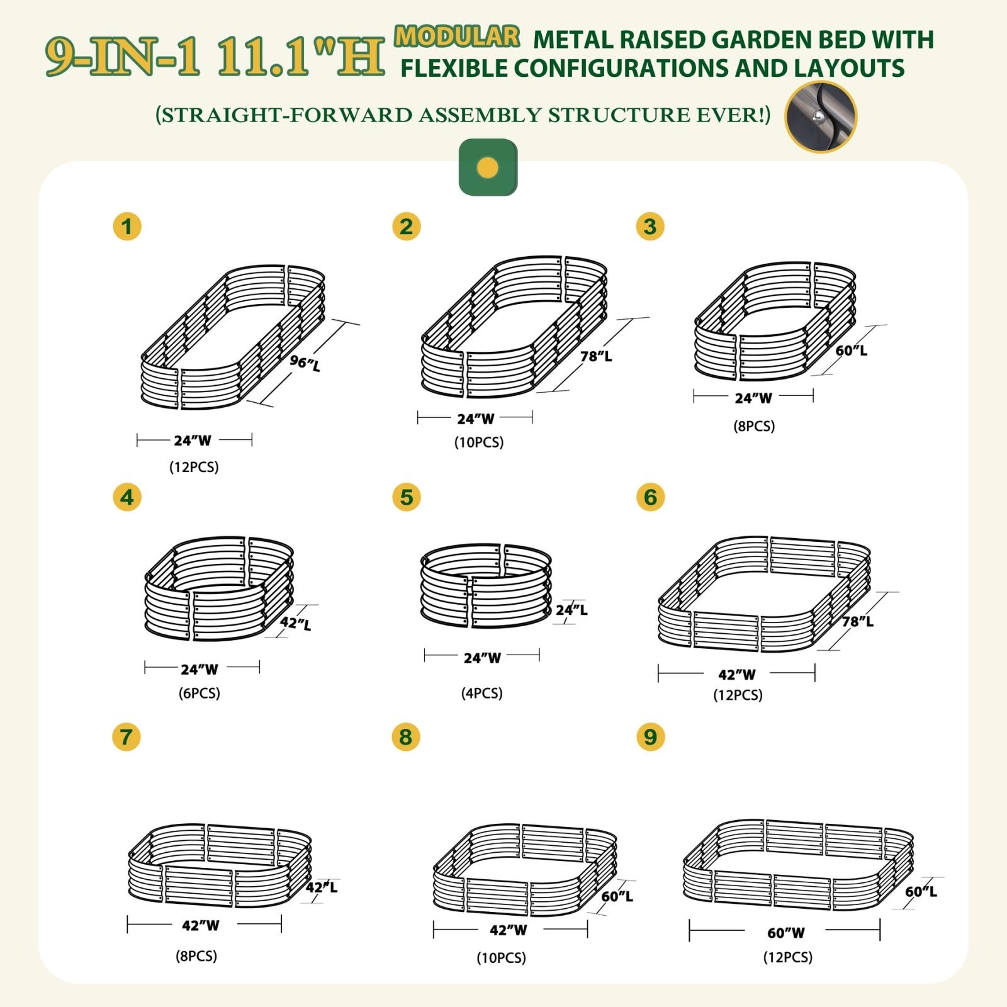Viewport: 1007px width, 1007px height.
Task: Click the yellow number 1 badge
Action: [x=127, y=227]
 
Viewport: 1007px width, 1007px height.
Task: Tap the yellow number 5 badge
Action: [x=406, y=497]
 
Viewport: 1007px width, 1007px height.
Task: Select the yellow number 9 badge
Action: [x=650, y=736]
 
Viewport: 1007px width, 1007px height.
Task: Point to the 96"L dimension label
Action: [x=305, y=363]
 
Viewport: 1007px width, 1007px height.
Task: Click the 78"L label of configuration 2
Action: [x=596, y=356]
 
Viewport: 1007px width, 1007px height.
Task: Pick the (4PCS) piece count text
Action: [x=481, y=693]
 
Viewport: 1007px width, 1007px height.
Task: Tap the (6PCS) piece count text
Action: [x=200, y=693]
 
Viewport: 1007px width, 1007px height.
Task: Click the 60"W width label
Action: [x=786, y=933]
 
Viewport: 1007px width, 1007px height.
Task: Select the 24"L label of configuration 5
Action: [x=571, y=610]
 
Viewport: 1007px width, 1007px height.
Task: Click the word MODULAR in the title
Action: [x=457, y=37]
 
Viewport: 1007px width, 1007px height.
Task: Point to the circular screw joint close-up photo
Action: [x=821, y=116]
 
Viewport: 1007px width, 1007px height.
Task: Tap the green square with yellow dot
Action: [x=488, y=167]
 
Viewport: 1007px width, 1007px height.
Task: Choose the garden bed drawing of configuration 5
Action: [x=485, y=586]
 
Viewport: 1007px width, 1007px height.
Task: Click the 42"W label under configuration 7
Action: [x=201, y=925]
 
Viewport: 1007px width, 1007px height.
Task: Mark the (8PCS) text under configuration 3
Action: [x=754, y=426]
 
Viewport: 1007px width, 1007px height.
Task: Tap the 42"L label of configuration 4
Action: [x=296, y=624]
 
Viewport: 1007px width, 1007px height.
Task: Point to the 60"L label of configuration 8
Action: [x=617, y=896]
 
